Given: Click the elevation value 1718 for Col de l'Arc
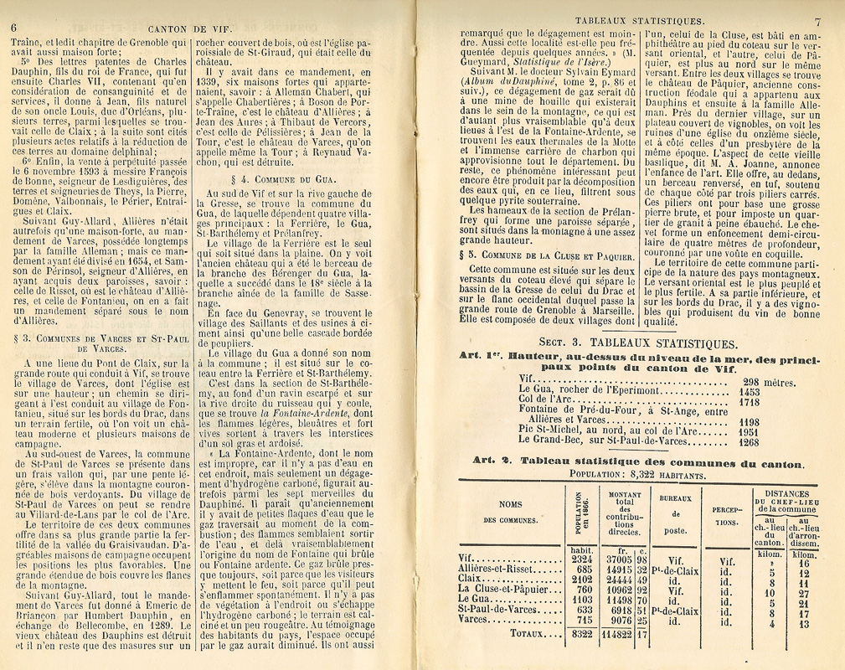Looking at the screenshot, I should pyautogui.click(x=749, y=401).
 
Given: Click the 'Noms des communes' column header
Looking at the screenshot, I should pyautogui.click(x=510, y=512).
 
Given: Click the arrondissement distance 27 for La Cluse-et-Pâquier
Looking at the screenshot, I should pyautogui.click(x=804, y=595).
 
